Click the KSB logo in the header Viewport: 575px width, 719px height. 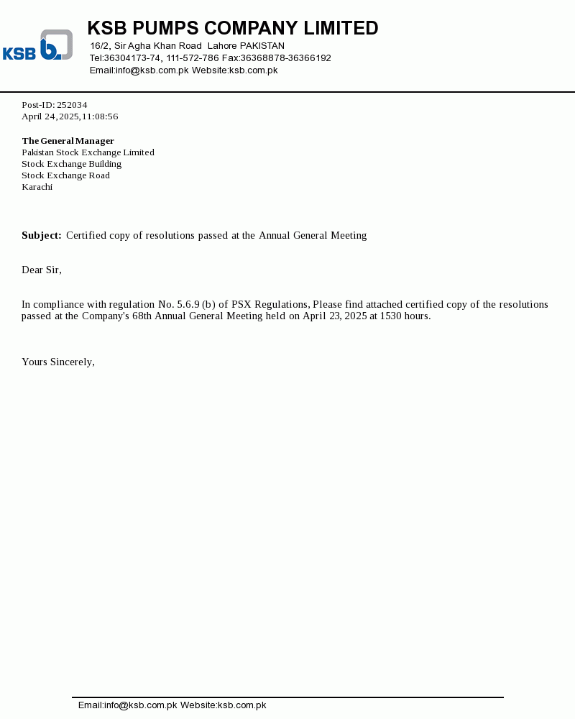pos(37,45)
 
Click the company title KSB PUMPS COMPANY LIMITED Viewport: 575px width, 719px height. pos(232,28)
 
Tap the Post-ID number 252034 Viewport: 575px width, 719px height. pos(72,105)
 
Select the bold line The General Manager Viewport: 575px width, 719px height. pos(68,141)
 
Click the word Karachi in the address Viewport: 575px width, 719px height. pos(37,187)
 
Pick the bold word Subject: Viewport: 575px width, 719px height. pos(42,235)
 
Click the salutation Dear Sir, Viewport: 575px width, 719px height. pos(42,270)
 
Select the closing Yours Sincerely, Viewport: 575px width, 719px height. pos(58,362)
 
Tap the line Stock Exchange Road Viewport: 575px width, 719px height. pos(65,175)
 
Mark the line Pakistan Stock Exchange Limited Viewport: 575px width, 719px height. pos(88,152)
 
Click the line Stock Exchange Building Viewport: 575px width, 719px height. pos(71,164)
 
